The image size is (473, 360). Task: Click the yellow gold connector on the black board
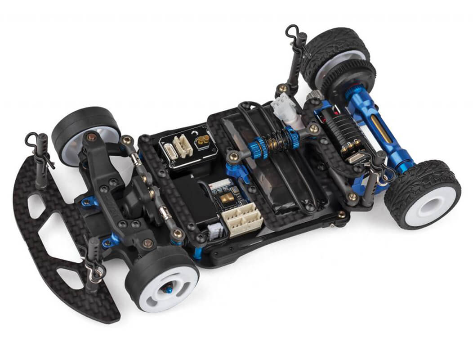coord(201,142)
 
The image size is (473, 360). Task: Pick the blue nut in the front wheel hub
coord(169,290)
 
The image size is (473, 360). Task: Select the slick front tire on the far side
coord(85,130)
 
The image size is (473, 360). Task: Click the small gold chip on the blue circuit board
coord(225,197)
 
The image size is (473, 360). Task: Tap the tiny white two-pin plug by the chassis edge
coord(215,228)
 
